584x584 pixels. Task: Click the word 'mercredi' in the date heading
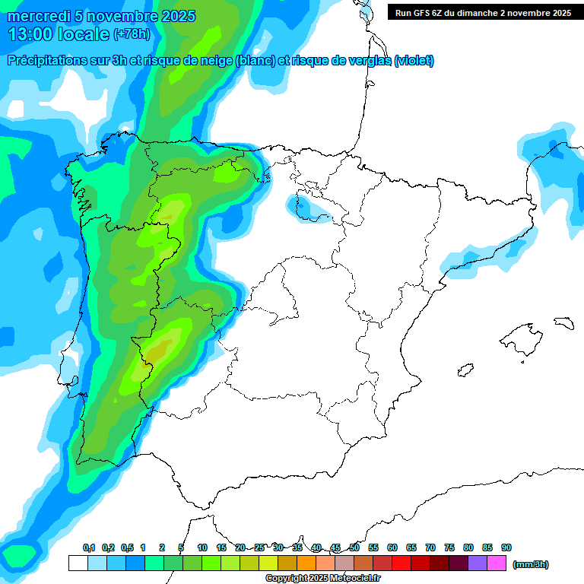(37, 16)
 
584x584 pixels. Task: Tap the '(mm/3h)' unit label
(531, 564)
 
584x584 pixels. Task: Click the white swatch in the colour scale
(78, 563)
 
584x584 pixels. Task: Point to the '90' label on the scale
(506, 547)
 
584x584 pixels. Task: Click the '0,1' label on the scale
(89, 547)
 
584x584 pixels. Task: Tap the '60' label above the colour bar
(392, 547)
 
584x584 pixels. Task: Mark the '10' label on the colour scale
(202, 547)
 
